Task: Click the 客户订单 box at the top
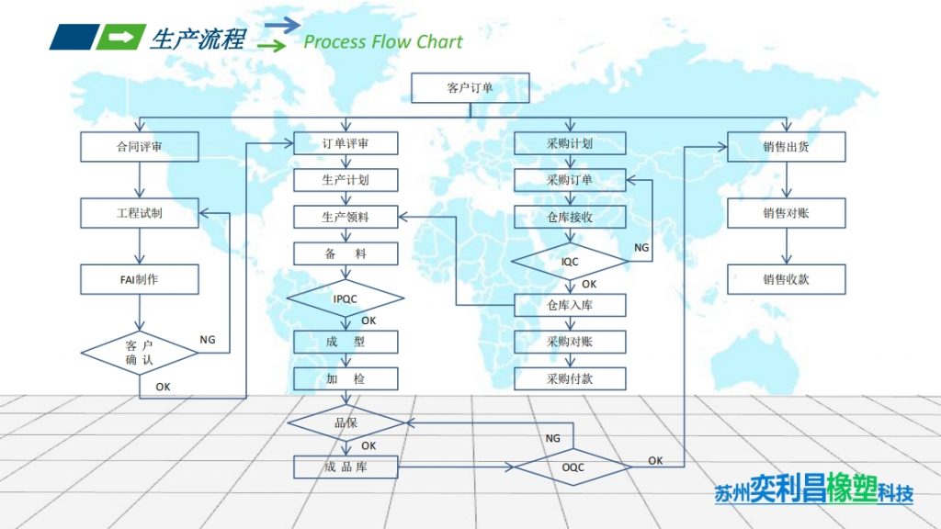pyautogui.click(x=470, y=88)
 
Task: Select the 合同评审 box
pyautogui.click(x=140, y=145)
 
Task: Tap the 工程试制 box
pyautogui.click(x=140, y=213)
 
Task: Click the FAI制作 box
pyautogui.click(x=140, y=279)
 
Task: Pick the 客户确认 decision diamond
pyautogui.click(x=140, y=353)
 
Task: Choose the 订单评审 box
pyautogui.click(x=346, y=143)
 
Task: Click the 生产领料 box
pyautogui.click(x=346, y=218)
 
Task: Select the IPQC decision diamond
pyautogui.click(x=346, y=298)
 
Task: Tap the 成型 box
pyautogui.click(x=346, y=343)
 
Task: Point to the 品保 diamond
pyautogui.click(x=346, y=422)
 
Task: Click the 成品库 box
pyautogui.click(x=346, y=467)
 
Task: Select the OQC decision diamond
pyautogui.click(x=573, y=467)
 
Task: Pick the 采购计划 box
pyautogui.click(x=570, y=143)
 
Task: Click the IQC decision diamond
pyautogui.click(x=570, y=262)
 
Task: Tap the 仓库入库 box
pyautogui.click(x=570, y=305)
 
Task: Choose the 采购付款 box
pyautogui.click(x=570, y=377)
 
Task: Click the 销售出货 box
pyautogui.click(x=787, y=147)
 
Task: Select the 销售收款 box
pyautogui.click(x=787, y=279)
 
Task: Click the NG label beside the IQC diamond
pyautogui.click(x=641, y=247)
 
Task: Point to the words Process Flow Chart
pyautogui.click(x=383, y=41)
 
